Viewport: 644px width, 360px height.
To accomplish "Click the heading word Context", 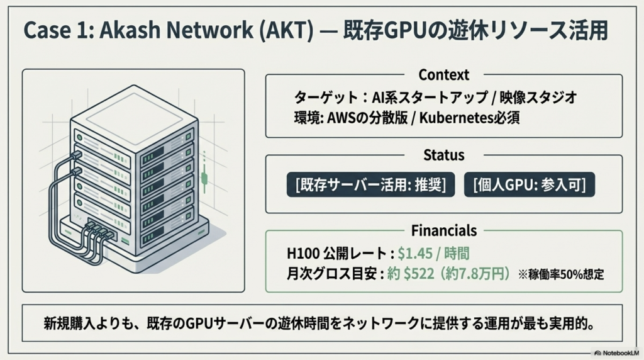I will point(443,75).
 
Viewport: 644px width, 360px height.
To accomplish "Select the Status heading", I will point(443,155).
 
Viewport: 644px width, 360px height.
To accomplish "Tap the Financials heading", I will point(443,230).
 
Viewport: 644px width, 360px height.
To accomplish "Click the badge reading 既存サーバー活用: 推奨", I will point(370,185).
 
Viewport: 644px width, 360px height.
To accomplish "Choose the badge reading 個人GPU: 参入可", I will point(530,185).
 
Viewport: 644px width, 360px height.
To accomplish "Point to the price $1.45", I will point(418,254).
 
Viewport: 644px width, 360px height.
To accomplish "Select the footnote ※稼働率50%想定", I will point(561,275).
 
